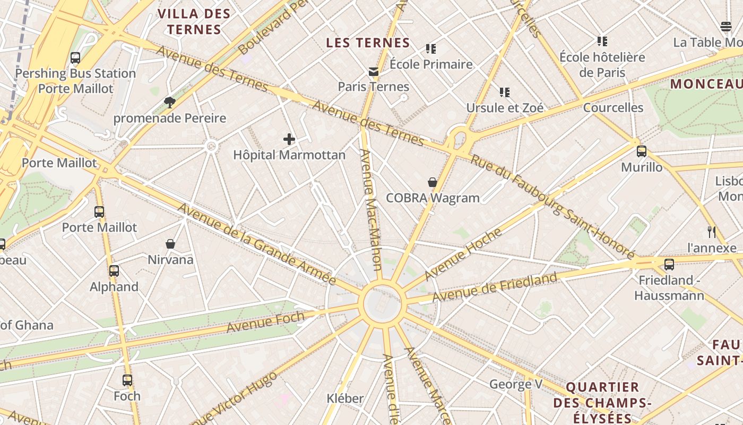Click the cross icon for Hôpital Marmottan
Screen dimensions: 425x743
coord(289,139)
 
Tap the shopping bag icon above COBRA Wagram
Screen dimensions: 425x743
coord(433,182)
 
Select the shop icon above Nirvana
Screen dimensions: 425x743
coord(170,244)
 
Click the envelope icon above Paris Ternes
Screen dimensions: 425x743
coord(374,71)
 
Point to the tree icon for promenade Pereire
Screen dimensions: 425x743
coord(170,102)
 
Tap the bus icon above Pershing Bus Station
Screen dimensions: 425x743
coord(75,58)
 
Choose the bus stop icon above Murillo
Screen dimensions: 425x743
coord(642,151)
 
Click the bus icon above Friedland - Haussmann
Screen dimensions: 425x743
coord(669,264)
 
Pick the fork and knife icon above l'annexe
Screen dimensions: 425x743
coord(712,232)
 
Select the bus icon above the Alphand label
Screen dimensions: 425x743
coord(114,271)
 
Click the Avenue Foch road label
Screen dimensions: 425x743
coord(265,322)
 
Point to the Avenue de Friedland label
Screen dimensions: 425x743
coord(495,287)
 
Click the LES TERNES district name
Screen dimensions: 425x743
coord(368,43)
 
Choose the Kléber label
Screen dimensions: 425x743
coord(345,398)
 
